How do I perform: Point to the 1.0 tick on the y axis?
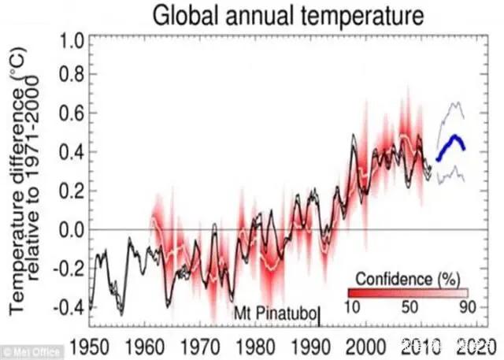point(62,39)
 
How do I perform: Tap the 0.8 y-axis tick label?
point(62,77)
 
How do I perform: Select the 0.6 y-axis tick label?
point(62,115)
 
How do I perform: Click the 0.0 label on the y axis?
point(62,230)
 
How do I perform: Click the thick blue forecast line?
point(453,142)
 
